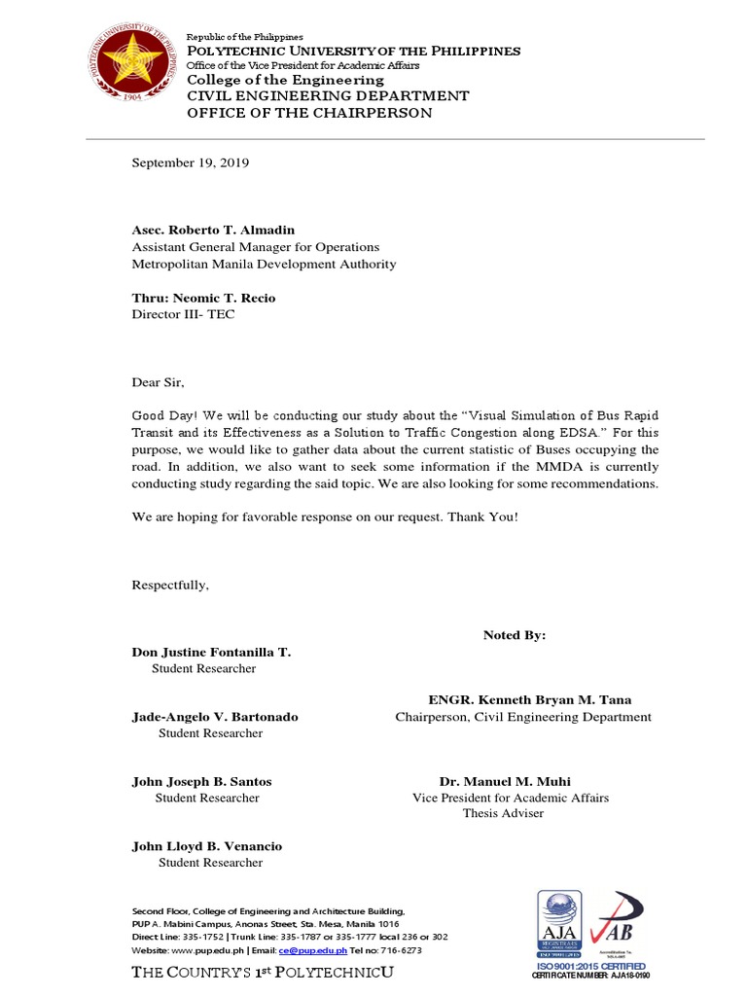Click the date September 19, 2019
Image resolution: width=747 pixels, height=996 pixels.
191,163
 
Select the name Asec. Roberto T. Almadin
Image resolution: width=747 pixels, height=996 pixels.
213,231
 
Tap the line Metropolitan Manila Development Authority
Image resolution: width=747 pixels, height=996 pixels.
264,264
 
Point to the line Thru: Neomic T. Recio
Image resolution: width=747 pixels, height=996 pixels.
203,298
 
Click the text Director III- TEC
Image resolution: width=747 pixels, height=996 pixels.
183,314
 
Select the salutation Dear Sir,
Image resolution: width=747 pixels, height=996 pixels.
158,381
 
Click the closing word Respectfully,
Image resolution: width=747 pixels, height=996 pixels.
170,585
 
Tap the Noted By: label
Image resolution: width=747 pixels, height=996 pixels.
515,635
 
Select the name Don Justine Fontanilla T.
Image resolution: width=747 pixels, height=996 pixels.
211,652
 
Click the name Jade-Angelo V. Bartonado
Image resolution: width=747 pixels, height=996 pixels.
215,717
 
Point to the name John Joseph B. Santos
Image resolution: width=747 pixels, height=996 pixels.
201,781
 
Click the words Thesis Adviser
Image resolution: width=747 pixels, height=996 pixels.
503,813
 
